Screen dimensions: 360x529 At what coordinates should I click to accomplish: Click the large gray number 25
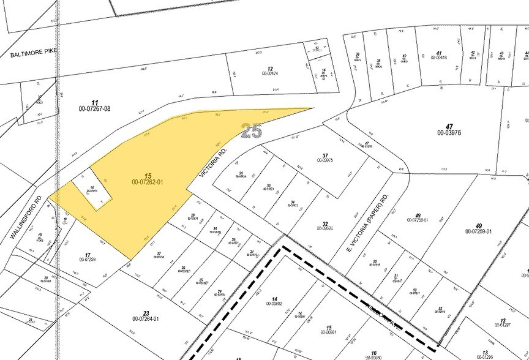252,130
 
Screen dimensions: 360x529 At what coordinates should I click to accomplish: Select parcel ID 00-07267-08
94,108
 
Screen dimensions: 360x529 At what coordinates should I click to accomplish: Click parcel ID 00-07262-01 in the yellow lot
147,182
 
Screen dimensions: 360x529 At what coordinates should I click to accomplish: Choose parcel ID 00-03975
325,160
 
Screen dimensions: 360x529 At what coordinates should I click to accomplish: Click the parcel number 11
94,102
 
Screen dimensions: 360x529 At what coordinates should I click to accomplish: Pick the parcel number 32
325,223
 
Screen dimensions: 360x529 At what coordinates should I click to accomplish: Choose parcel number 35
268,186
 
